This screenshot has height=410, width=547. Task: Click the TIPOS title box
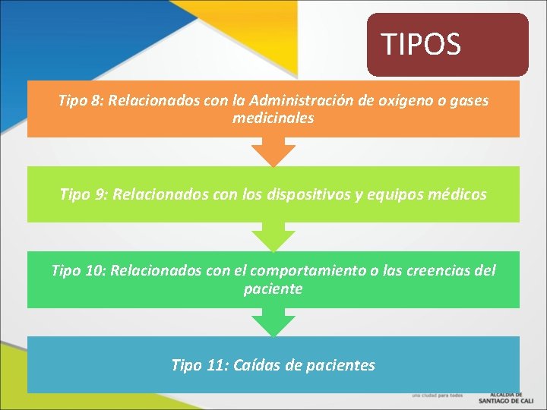coord(447,45)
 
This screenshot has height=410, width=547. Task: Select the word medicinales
coord(273,118)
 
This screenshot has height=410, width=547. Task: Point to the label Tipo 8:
coord(81,100)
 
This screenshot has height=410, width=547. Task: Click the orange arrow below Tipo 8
coord(273,153)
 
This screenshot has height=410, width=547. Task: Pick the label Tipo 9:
coord(83,195)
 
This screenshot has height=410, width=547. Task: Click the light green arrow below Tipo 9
coord(273,238)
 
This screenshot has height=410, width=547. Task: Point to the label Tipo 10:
coord(77,270)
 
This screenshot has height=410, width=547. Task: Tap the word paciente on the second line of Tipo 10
coord(273,289)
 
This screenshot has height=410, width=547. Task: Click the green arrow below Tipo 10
coord(273,323)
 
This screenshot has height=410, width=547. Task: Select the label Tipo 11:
coord(200,365)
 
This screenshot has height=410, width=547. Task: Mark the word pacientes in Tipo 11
coord(340,365)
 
